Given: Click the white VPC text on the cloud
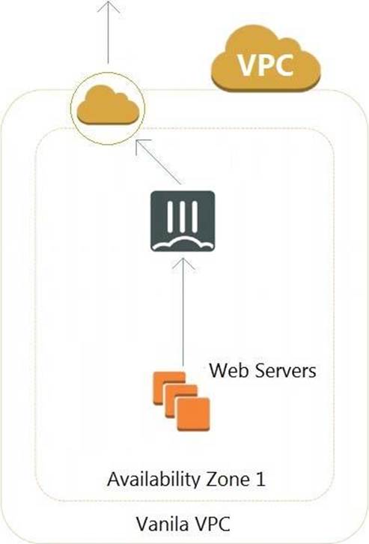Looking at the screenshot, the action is pos(266,65).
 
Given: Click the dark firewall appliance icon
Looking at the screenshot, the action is pos(183,221).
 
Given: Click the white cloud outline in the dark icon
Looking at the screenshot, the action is pos(183,244).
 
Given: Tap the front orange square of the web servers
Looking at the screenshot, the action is pos(193,414).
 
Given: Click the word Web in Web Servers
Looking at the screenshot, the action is pos(228,370).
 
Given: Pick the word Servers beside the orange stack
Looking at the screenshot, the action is pos(284,370).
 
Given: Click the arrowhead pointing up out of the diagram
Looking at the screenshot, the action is pos(109,6).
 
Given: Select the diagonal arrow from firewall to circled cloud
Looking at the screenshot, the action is pos(158,162).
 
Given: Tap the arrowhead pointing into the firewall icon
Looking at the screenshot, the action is pos(183,263).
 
